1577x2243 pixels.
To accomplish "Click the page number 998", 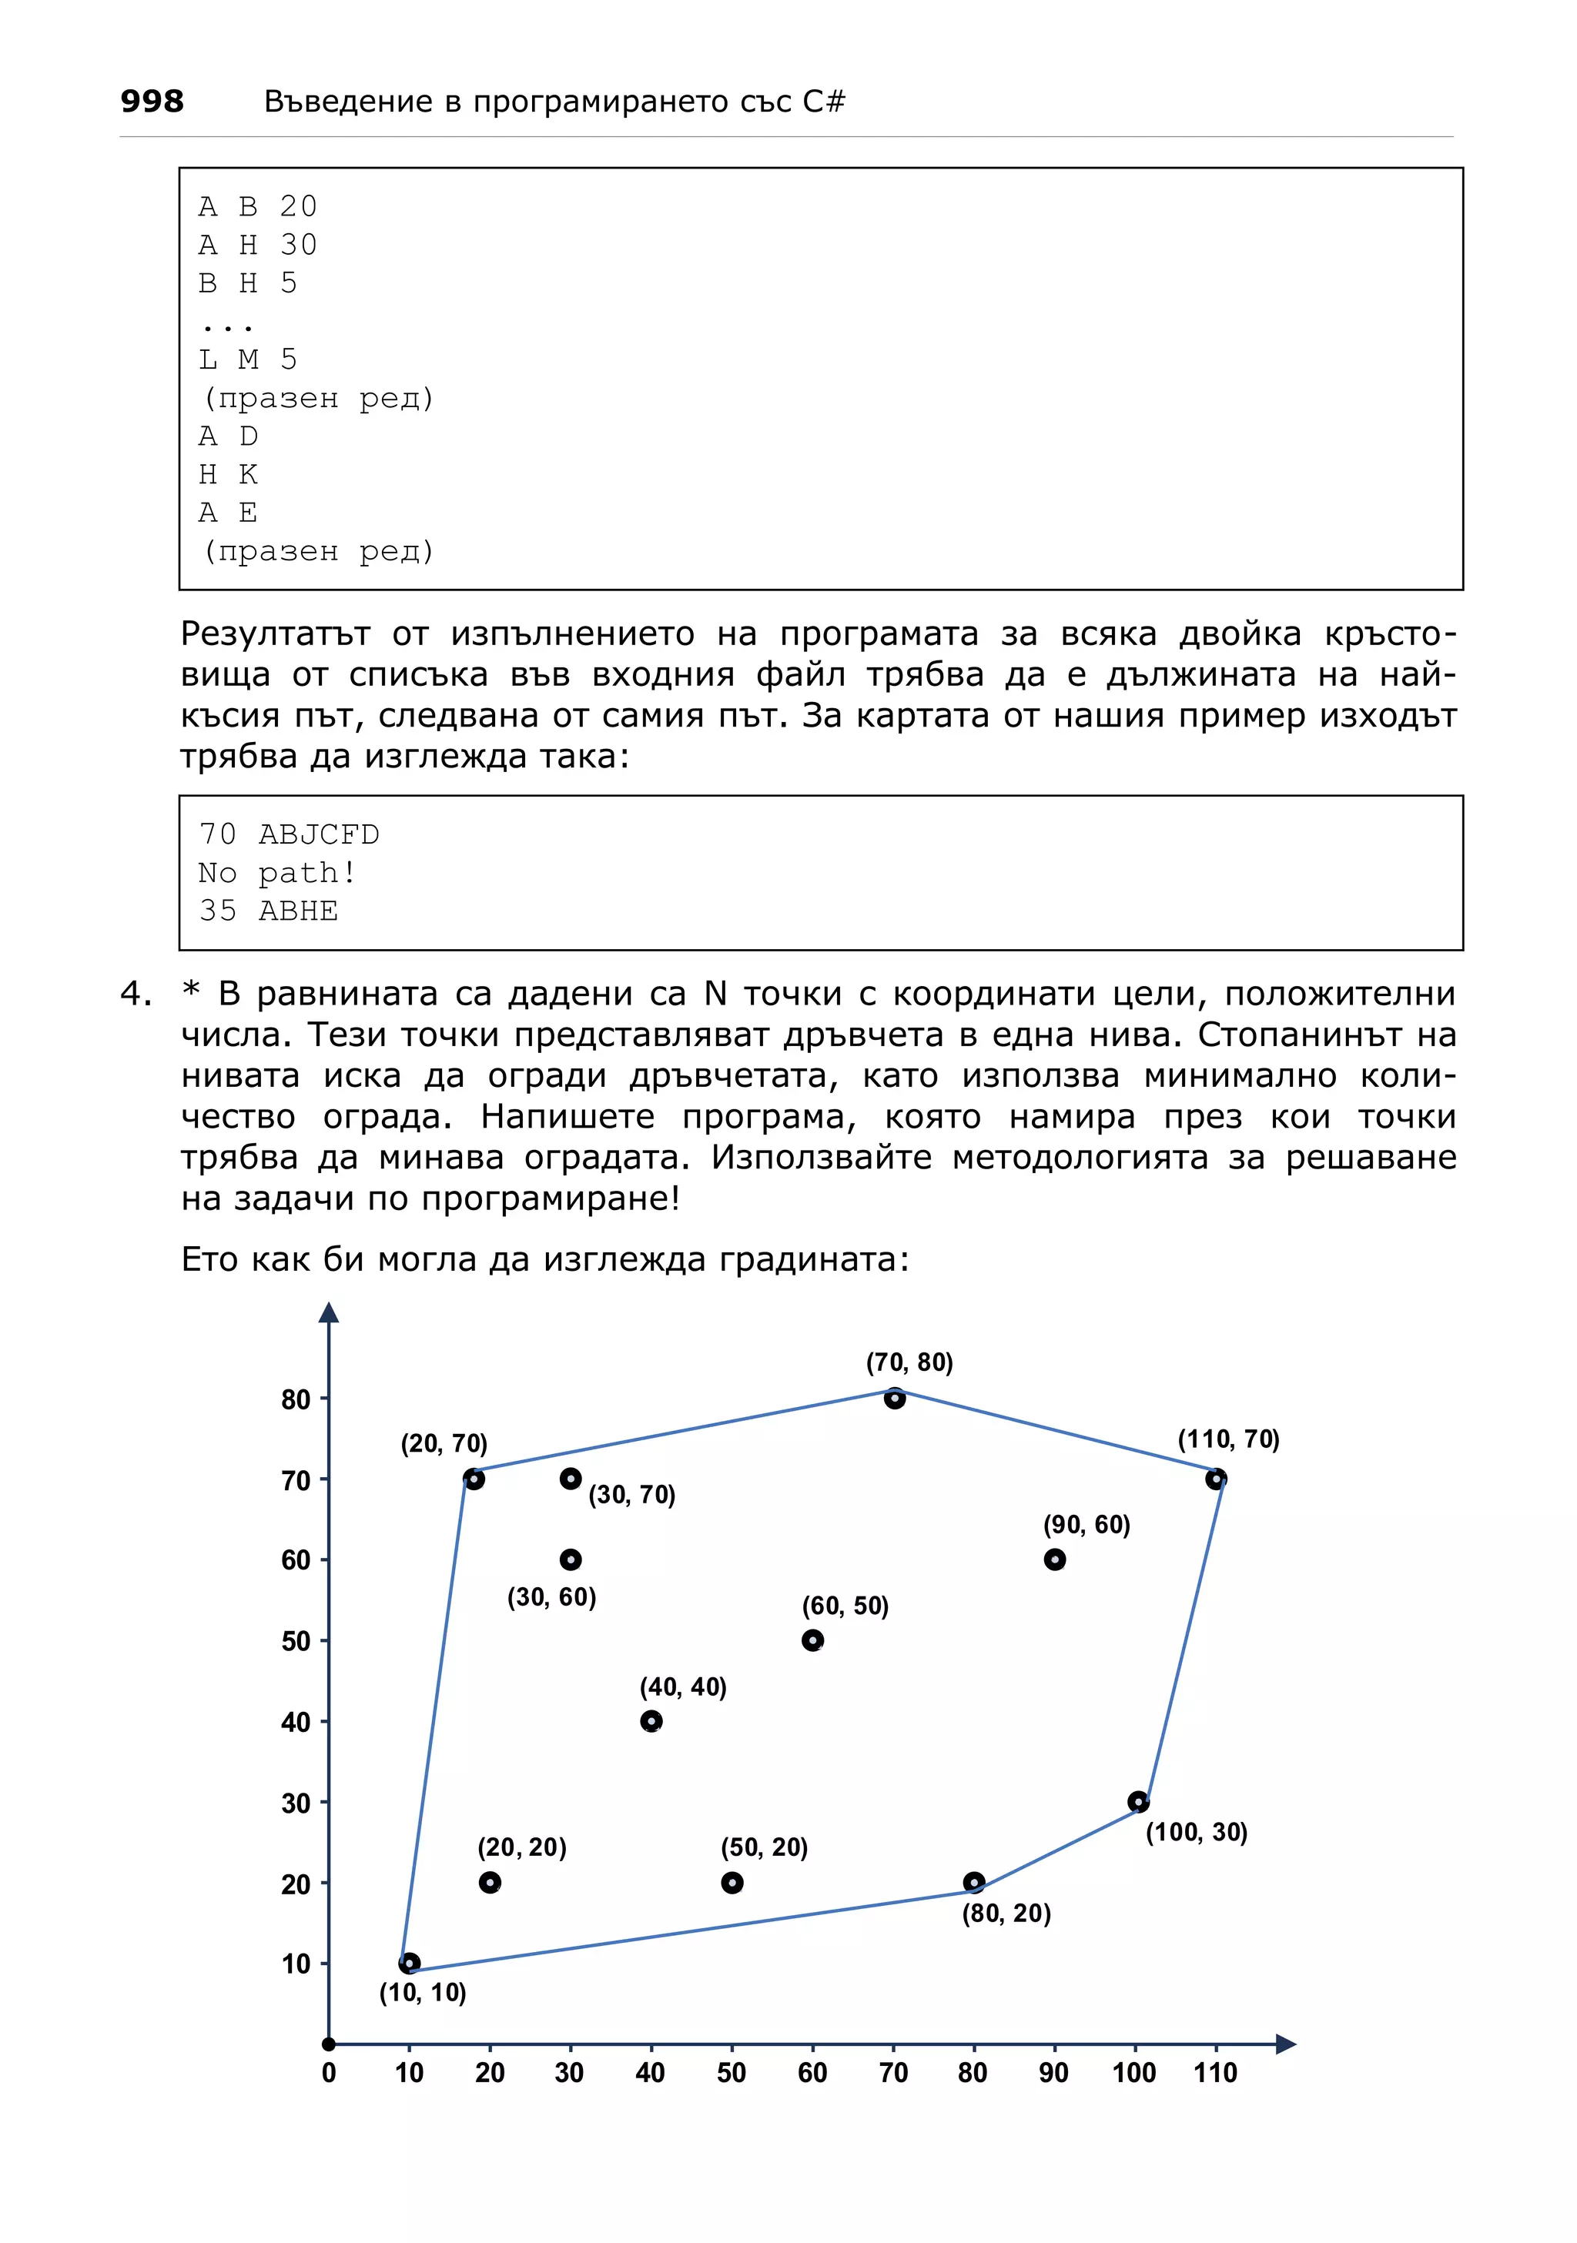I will pyautogui.click(x=152, y=101).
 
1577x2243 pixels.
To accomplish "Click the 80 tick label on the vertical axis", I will pyautogui.click(x=295, y=1400).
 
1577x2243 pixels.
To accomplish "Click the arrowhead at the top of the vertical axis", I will pyautogui.click(x=330, y=1313).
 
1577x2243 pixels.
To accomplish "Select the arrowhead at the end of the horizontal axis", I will pyautogui.click(x=1285, y=2044).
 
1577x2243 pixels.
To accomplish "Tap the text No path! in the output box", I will pyautogui.click(x=277, y=872).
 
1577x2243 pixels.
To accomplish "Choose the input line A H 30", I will pyautogui.click(x=258, y=244).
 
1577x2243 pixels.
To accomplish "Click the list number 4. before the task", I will pyautogui.click(x=136, y=994).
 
